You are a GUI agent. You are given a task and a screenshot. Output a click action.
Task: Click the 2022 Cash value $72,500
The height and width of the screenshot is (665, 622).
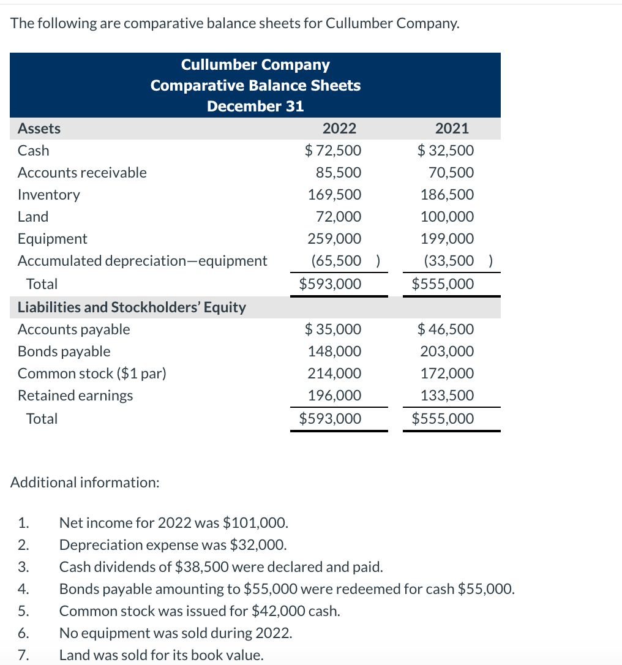(x=333, y=151)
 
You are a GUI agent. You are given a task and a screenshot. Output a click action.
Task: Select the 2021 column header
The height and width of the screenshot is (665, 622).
(x=452, y=129)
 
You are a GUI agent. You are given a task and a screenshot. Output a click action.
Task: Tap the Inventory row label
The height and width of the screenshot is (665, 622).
(x=49, y=195)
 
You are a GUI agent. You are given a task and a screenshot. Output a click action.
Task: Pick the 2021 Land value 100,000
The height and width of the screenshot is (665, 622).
(x=447, y=217)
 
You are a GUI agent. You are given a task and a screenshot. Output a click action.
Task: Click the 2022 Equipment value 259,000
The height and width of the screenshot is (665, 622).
(x=334, y=239)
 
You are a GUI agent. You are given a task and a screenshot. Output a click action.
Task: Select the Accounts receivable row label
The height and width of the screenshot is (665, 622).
(x=82, y=173)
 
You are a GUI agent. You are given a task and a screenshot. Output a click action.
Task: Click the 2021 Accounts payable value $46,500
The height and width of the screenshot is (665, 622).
(x=446, y=329)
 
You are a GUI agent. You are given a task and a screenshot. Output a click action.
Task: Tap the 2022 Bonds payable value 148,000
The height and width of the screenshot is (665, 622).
(x=334, y=351)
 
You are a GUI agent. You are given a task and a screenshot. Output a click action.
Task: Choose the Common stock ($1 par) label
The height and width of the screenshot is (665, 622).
(x=92, y=374)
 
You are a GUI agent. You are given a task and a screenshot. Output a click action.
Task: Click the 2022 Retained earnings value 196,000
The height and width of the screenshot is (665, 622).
(x=334, y=396)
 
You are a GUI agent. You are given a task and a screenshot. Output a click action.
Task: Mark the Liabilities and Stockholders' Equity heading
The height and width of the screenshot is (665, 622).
(x=132, y=307)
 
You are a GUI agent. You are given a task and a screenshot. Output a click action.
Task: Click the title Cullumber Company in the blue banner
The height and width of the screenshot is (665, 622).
(x=255, y=65)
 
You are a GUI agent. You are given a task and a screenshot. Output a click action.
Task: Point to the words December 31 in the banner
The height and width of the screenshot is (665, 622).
(x=255, y=106)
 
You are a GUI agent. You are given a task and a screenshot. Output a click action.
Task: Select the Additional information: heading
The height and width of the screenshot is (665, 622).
(x=85, y=483)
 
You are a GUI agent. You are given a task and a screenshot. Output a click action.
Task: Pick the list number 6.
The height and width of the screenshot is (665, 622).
(x=22, y=633)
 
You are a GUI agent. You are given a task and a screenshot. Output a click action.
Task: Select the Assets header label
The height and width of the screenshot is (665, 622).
(x=39, y=129)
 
